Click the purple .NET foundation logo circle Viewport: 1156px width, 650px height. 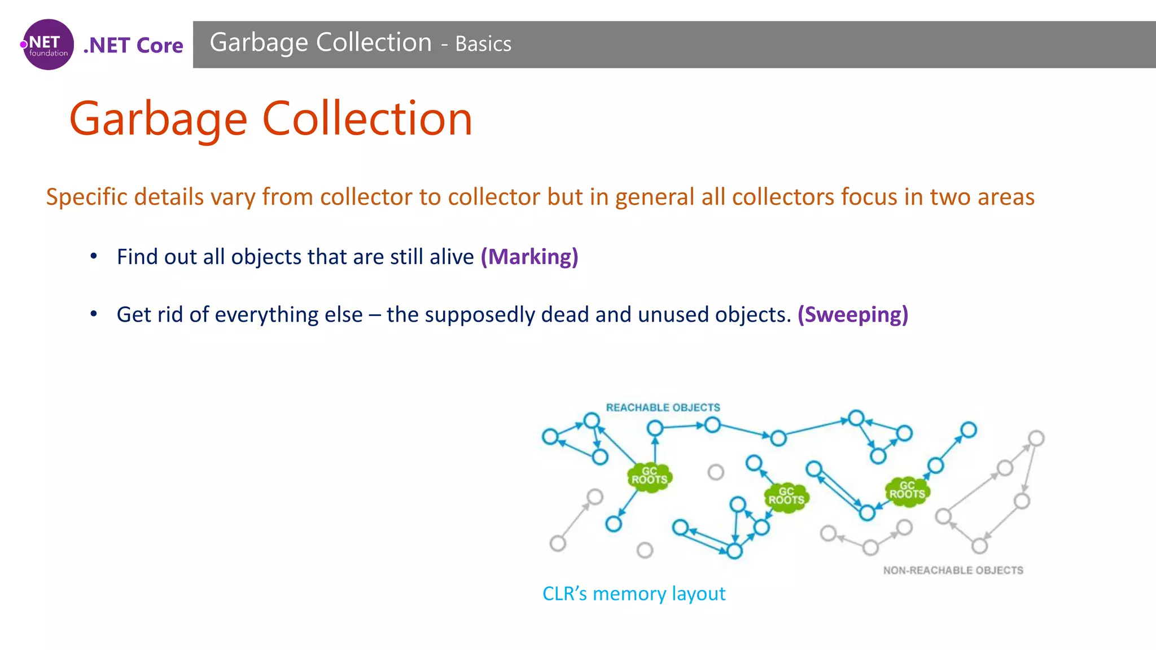tap(49, 45)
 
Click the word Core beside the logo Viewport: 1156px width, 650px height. tap(160, 46)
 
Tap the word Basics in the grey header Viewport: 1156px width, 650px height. tap(483, 44)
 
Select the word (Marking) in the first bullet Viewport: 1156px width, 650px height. tap(529, 257)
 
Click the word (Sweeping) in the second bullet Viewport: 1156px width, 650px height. tap(852, 314)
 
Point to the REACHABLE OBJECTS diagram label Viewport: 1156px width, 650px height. tap(663, 407)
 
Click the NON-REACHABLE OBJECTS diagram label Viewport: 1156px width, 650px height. tap(953, 570)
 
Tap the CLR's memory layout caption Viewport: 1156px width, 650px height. tap(633, 594)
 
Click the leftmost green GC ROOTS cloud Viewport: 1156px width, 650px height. tap(649, 476)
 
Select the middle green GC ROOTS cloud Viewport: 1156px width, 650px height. tap(786, 497)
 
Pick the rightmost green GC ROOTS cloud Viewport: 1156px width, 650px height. tap(907, 490)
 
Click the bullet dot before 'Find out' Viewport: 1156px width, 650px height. tap(94, 257)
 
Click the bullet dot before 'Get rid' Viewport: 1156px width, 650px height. tap(94, 314)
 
